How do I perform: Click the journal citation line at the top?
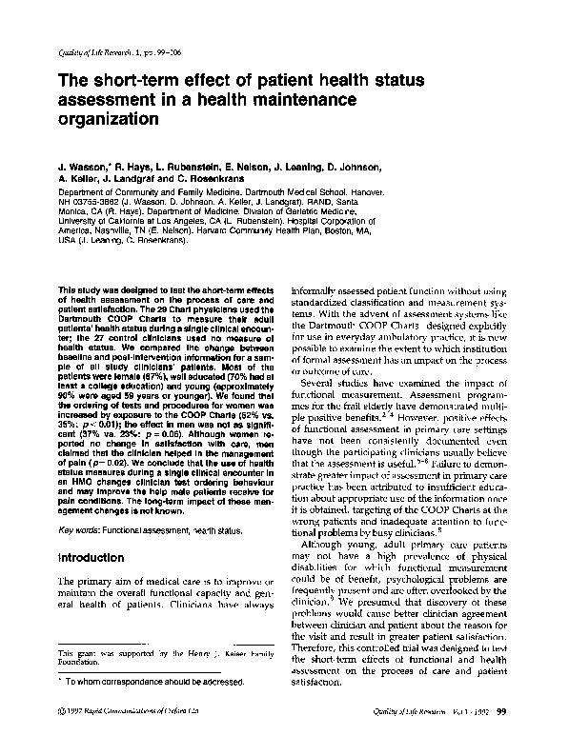(106, 50)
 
